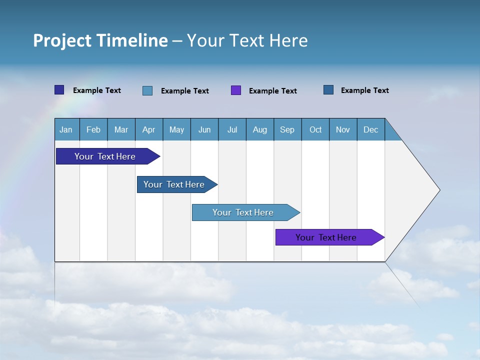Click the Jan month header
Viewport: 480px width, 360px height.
tap(66, 129)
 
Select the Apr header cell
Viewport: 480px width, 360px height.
tap(148, 129)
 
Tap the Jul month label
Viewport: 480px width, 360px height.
tap(232, 129)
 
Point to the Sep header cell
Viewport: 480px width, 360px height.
tap(287, 129)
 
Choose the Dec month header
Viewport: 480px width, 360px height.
tap(370, 129)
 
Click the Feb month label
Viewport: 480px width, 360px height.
tap(93, 129)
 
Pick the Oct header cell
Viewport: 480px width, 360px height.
tap(315, 129)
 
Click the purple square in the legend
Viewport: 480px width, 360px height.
tap(236, 90)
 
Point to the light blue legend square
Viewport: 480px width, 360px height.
tap(147, 90)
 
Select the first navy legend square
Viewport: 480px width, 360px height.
tap(59, 90)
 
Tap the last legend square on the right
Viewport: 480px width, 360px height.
tap(328, 90)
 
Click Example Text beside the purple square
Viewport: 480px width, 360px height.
tap(272, 91)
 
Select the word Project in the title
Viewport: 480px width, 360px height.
tap(62, 40)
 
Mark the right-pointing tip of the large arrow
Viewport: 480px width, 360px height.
tap(438, 190)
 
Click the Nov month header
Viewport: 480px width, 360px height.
tap(343, 129)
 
